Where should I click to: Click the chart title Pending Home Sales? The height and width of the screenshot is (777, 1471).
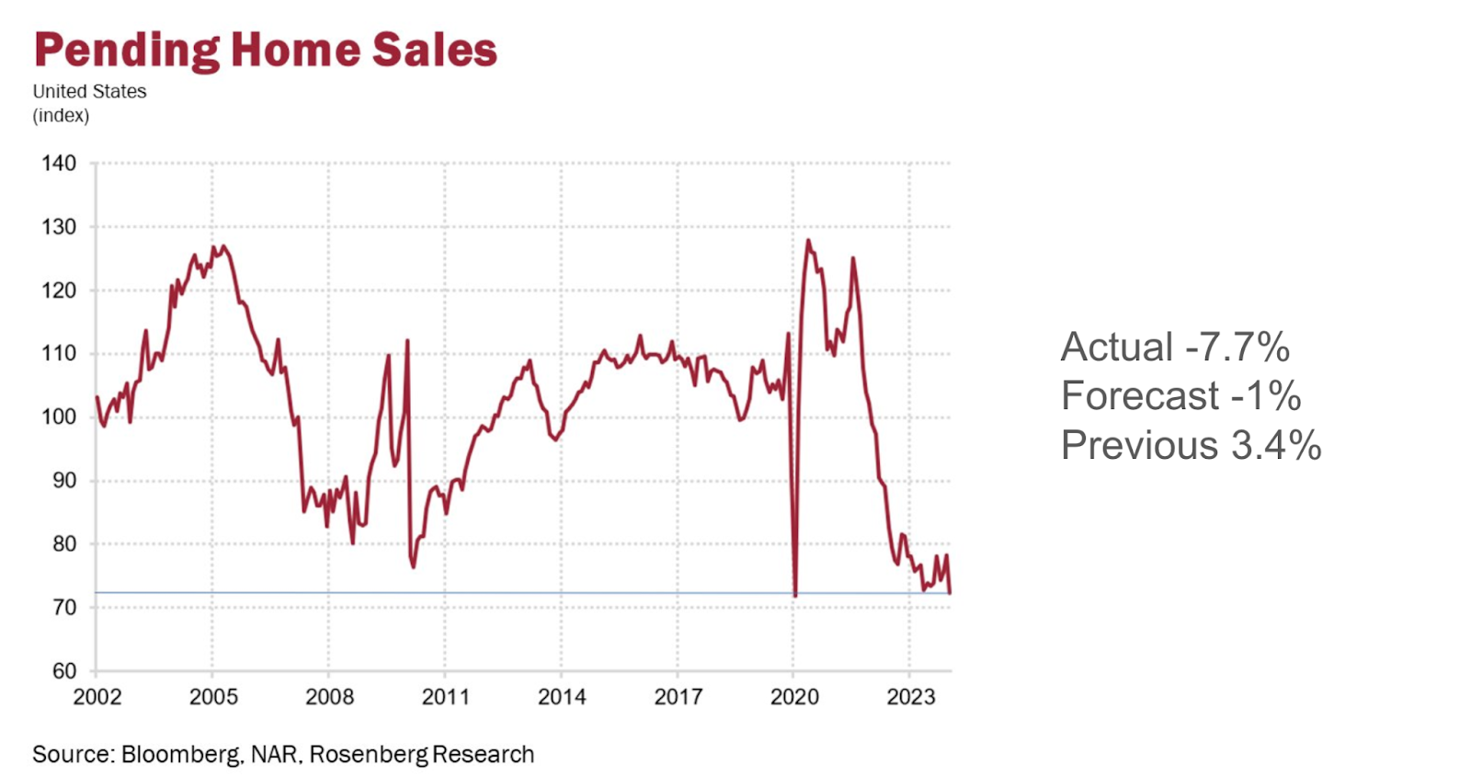(266, 51)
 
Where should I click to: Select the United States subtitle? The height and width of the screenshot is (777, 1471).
(89, 92)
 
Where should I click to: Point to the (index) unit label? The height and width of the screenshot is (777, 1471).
(61, 116)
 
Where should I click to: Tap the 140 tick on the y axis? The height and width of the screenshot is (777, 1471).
(59, 164)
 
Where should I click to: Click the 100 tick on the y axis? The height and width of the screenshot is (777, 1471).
(59, 417)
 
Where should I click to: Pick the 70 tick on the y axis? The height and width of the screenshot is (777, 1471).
(63, 607)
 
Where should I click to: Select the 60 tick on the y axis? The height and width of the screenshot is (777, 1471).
(63, 670)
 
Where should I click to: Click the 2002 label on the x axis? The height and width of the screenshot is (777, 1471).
(97, 697)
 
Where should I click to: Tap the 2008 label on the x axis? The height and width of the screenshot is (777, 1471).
(329, 697)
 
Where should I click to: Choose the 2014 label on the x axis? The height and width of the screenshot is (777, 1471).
(562, 697)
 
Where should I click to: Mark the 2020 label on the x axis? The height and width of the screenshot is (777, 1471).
(794, 697)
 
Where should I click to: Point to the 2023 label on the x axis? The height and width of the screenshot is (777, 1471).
(910, 697)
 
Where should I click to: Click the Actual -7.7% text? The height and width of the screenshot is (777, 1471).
(1175, 348)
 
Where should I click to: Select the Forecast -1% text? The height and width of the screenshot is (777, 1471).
(1180, 396)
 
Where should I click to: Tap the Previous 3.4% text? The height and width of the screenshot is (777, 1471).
(1191, 446)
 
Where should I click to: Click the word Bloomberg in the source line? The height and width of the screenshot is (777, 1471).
(180, 755)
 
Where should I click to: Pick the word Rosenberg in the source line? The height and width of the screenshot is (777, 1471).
(369, 755)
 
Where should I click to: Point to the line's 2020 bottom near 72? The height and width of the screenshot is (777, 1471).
(795, 595)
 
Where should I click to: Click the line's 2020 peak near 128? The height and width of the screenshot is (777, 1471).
(808, 241)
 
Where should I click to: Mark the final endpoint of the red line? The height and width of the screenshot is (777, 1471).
(950, 593)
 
